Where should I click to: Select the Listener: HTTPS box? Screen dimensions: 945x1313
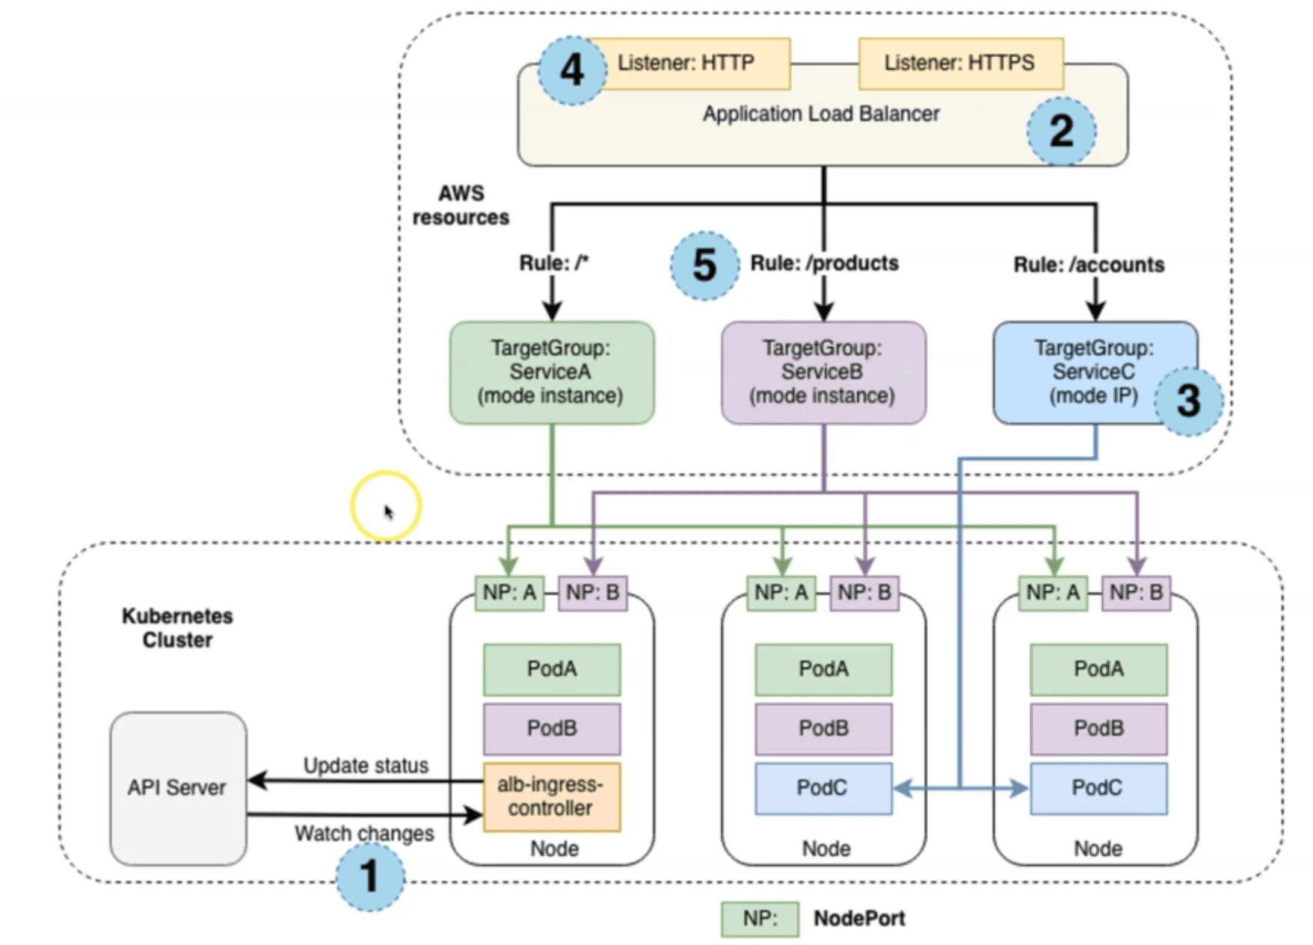pyautogui.click(x=960, y=64)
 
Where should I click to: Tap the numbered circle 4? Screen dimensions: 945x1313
pyautogui.click(x=572, y=70)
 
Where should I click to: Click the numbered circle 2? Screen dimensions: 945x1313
pyautogui.click(x=1061, y=131)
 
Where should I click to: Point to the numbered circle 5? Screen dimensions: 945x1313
pyautogui.click(x=704, y=265)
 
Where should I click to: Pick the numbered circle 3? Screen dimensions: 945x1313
pyautogui.click(x=1188, y=401)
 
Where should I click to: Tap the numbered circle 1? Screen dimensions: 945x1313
pyautogui.click(x=369, y=875)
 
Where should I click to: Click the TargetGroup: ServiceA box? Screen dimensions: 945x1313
pyautogui.click(x=552, y=372)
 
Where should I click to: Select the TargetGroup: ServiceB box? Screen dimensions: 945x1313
pyautogui.click(x=823, y=372)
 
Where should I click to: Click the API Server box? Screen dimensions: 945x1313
pyautogui.click(x=178, y=788)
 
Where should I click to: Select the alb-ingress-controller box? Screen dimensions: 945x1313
pyautogui.click(x=552, y=797)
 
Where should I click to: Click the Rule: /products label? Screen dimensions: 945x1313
pyautogui.click(x=825, y=263)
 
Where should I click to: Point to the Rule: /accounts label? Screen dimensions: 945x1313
pyautogui.click(x=1089, y=265)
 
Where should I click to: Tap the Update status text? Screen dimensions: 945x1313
pyautogui.click(x=366, y=766)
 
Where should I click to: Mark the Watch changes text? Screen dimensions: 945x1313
pyautogui.click(x=364, y=834)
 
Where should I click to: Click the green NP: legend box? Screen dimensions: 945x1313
pyautogui.click(x=760, y=919)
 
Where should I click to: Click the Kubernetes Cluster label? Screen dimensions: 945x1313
pyautogui.click(x=177, y=628)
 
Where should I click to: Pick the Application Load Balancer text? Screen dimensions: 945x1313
pyautogui.click(x=821, y=114)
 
